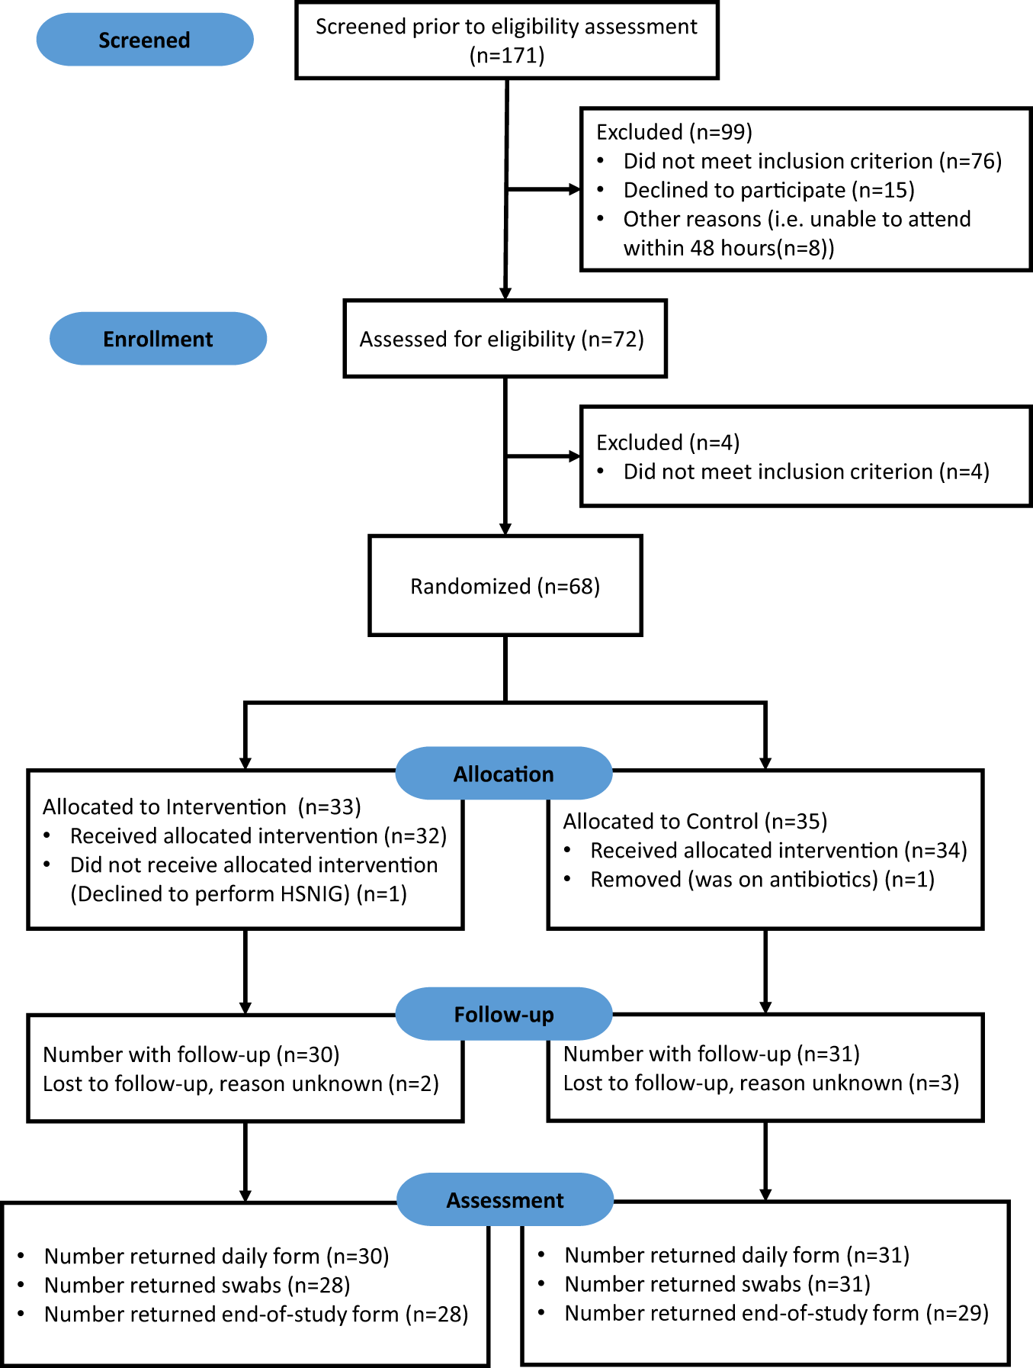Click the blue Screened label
pyautogui.click(x=145, y=40)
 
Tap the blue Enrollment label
pyautogui.click(x=158, y=339)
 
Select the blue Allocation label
pyautogui.click(x=503, y=774)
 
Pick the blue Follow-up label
pyautogui.click(x=503, y=1014)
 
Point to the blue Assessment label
pyautogui.click(x=505, y=1200)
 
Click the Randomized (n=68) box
pyautogui.click(x=505, y=586)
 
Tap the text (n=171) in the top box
pyautogui.click(x=507, y=56)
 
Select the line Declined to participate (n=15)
pyautogui.click(x=768, y=190)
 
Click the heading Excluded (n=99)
pyautogui.click(x=674, y=132)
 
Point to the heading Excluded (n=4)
pyautogui.click(x=668, y=443)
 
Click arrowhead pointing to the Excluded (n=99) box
pyautogui.click(x=575, y=189)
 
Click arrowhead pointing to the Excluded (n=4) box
pyautogui.click(x=575, y=456)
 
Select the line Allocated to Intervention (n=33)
pyautogui.click(x=202, y=807)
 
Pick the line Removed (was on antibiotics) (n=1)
pyautogui.click(x=762, y=880)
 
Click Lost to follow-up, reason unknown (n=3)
pyautogui.click(x=761, y=1083)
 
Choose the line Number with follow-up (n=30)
pyautogui.click(x=191, y=1054)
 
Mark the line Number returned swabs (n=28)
pyautogui.click(x=197, y=1286)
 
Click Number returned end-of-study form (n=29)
pyautogui.click(x=776, y=1313)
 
